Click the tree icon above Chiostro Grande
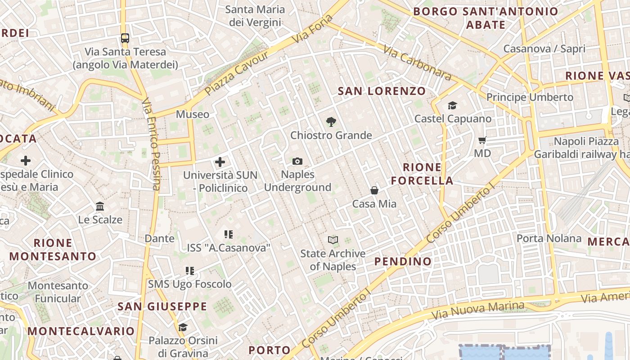[x=331, y=121]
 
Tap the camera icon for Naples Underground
[x=297, y=161]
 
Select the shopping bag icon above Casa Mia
[x=374, y=190]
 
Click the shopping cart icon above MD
[x=482, y=140]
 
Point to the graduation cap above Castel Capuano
[x=452, y=105]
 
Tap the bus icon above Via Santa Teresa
[x=125, y=38]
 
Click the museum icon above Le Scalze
[x=100, y=207]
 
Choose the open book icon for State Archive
[x=333, y=240]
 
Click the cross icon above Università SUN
[x=220, y=162]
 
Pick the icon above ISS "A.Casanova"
[x=229, y=234]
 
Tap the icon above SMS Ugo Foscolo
[x=190, y=271]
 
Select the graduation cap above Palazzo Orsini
[x=183, y=327]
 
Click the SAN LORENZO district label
[x=382, y=91]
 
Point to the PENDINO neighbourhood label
[x=403, y=261]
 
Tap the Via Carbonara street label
[x=418, y=63]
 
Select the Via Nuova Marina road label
[x=478, y=310]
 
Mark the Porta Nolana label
[x=549, y=238]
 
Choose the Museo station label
[x=193, y=114]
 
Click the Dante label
[x=160, y=238]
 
